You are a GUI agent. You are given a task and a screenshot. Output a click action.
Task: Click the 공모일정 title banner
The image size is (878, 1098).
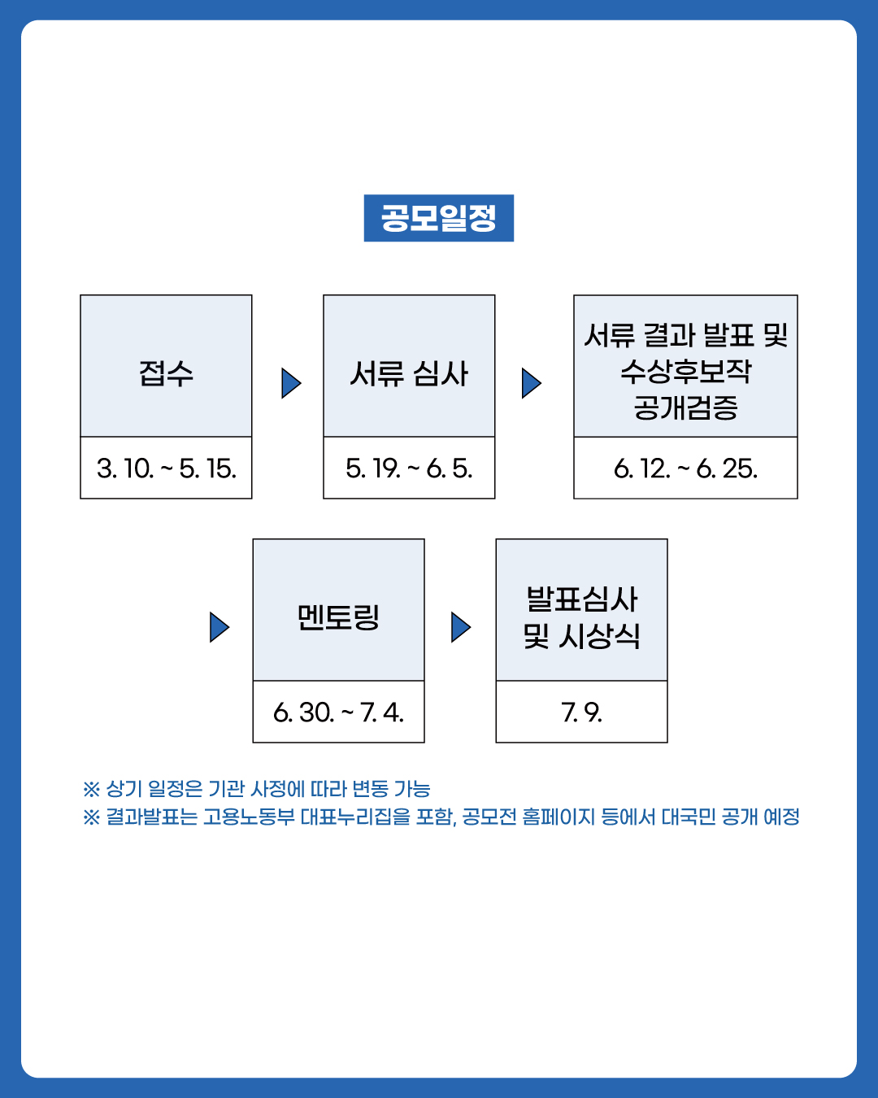tap(439, 218)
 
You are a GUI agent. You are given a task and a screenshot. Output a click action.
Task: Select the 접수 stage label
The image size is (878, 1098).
tap(167, 373)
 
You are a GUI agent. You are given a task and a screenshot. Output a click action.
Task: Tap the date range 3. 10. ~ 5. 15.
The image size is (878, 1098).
tap(167, 468)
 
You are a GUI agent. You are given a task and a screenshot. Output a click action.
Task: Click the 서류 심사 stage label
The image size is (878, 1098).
tap(409, 373)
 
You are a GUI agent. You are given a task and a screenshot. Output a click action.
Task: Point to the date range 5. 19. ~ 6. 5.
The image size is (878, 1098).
tap(409, 468)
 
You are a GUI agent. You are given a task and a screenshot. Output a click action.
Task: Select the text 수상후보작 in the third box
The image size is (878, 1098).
tap(685, 371)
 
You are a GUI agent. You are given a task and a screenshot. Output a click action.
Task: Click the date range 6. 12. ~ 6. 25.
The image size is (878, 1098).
tap(685, 468)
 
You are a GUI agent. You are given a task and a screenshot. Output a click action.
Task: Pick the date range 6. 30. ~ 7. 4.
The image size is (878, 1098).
tap(339, 712)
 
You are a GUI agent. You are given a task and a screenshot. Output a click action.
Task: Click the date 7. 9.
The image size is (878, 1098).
tap(581, 712)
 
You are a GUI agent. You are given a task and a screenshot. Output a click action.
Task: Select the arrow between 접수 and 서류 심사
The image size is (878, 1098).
tap(291, 383)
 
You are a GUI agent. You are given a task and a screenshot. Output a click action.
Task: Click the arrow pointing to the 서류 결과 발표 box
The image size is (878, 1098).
tap(532, 383)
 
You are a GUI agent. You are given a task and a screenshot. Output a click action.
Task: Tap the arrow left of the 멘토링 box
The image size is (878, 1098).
tap(219, 628)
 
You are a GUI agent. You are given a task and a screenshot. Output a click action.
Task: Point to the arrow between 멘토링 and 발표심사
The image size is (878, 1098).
tap(461, 628)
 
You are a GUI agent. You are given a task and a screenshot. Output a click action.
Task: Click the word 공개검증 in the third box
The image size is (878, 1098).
tap(685, 407)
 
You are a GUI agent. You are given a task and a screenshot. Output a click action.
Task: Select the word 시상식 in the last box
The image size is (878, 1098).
tap(599, 636)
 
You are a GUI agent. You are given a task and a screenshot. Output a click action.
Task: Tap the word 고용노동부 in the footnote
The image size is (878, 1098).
tap(249, 817)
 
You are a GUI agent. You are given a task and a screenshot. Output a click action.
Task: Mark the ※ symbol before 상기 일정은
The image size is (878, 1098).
tap(91, 789)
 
